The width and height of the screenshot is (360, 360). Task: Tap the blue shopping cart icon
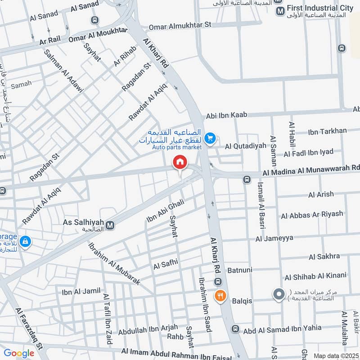click(x=209, y=138)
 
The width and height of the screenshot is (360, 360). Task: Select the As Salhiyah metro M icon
click(x=110, y=224)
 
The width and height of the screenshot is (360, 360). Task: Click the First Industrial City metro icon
click(x=280, y=10)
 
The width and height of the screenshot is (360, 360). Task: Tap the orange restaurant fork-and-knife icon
click(x=220, y=296)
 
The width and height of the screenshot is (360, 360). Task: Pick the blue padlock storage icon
click(x=26, y=242)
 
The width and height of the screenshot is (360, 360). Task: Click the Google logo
click(x=18, y=353)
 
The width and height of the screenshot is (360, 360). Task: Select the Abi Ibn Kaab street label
click(x=227, y=116)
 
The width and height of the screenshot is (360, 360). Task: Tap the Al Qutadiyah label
click(x=246, y=146)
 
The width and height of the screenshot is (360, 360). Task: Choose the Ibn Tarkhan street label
click(x=327, y=131)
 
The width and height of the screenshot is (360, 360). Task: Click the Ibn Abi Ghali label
click(x=165, y=211)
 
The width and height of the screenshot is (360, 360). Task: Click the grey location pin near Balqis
click(x=279, y=295)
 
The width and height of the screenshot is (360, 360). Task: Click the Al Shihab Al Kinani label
click(x=315, y=275)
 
